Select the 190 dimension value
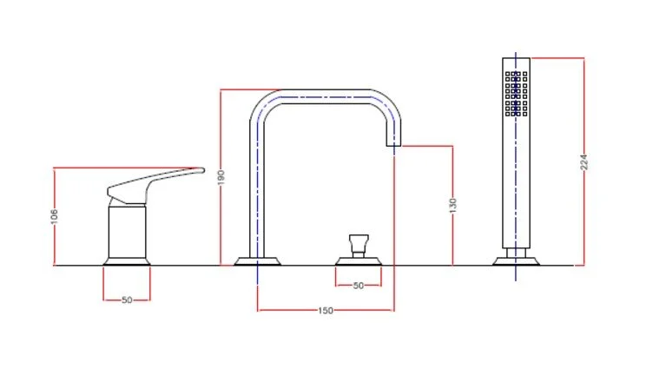click(x=222, y=176)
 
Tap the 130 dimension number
click(x=453, y=205)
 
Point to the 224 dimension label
click(x=584, y=162)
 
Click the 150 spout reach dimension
click(x=326, y=310)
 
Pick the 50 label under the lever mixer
click(x=127, y=300)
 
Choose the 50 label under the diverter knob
click(x=358, y=285)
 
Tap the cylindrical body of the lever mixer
click(x=127, y=229)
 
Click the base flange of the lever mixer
click(x=127, y=259)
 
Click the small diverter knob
click(x=358, y=241)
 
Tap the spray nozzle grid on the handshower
click(x=516, y=93)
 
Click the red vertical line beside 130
click(x=453, y=243)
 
